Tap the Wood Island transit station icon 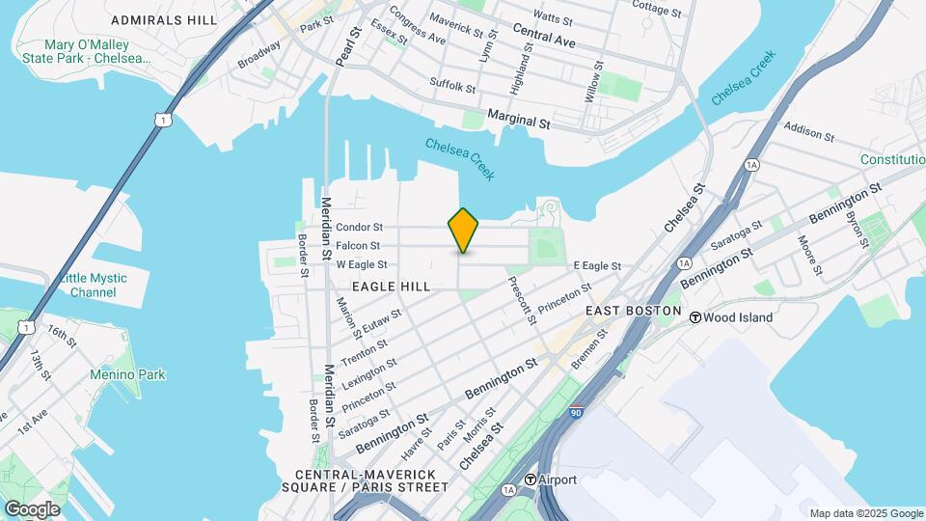pos(694,315)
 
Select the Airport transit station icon pos(531,480)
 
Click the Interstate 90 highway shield pos(576,412)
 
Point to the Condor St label pos(360,228)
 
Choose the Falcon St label pos(358,246)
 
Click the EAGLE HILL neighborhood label pos(390,287)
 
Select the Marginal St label pos(518,123)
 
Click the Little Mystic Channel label pos(93,285)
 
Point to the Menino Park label pos(127,375)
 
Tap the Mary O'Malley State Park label pos(88,51)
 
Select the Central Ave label pos(544,39)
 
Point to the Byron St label pos(853,226)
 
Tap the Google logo pos(32,509)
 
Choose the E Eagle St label pos(596,265)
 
